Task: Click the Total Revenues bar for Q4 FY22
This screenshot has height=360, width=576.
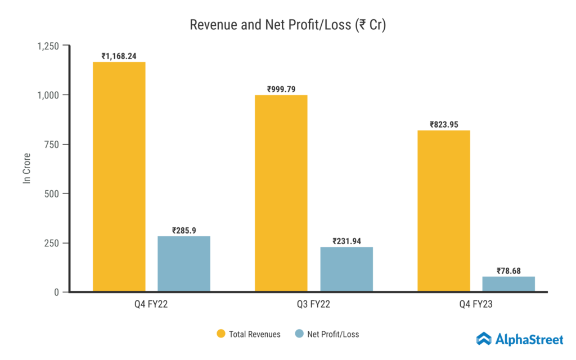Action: [x=119, y=177]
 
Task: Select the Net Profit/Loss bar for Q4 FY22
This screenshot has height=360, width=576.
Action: [x=184, y=264]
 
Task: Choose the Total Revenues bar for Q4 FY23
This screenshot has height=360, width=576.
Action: [x=444, y=211]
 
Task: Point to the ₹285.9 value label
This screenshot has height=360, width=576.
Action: [x=184, y=230]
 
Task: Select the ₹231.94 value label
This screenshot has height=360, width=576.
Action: [x=346, y=241]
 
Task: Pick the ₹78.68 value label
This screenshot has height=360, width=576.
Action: [x=508, y=271]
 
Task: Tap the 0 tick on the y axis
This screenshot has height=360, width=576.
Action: [x=57, y=292]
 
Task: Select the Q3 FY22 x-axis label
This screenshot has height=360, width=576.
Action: [x=314, y=305]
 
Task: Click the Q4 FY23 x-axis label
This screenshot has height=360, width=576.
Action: [x=476, y=305]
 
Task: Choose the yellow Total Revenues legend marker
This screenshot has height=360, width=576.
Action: [x=221, y=334]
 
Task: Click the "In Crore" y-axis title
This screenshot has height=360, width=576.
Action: [x=26, y=169]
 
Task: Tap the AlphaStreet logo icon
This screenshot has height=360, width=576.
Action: [x=484, y=339]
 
